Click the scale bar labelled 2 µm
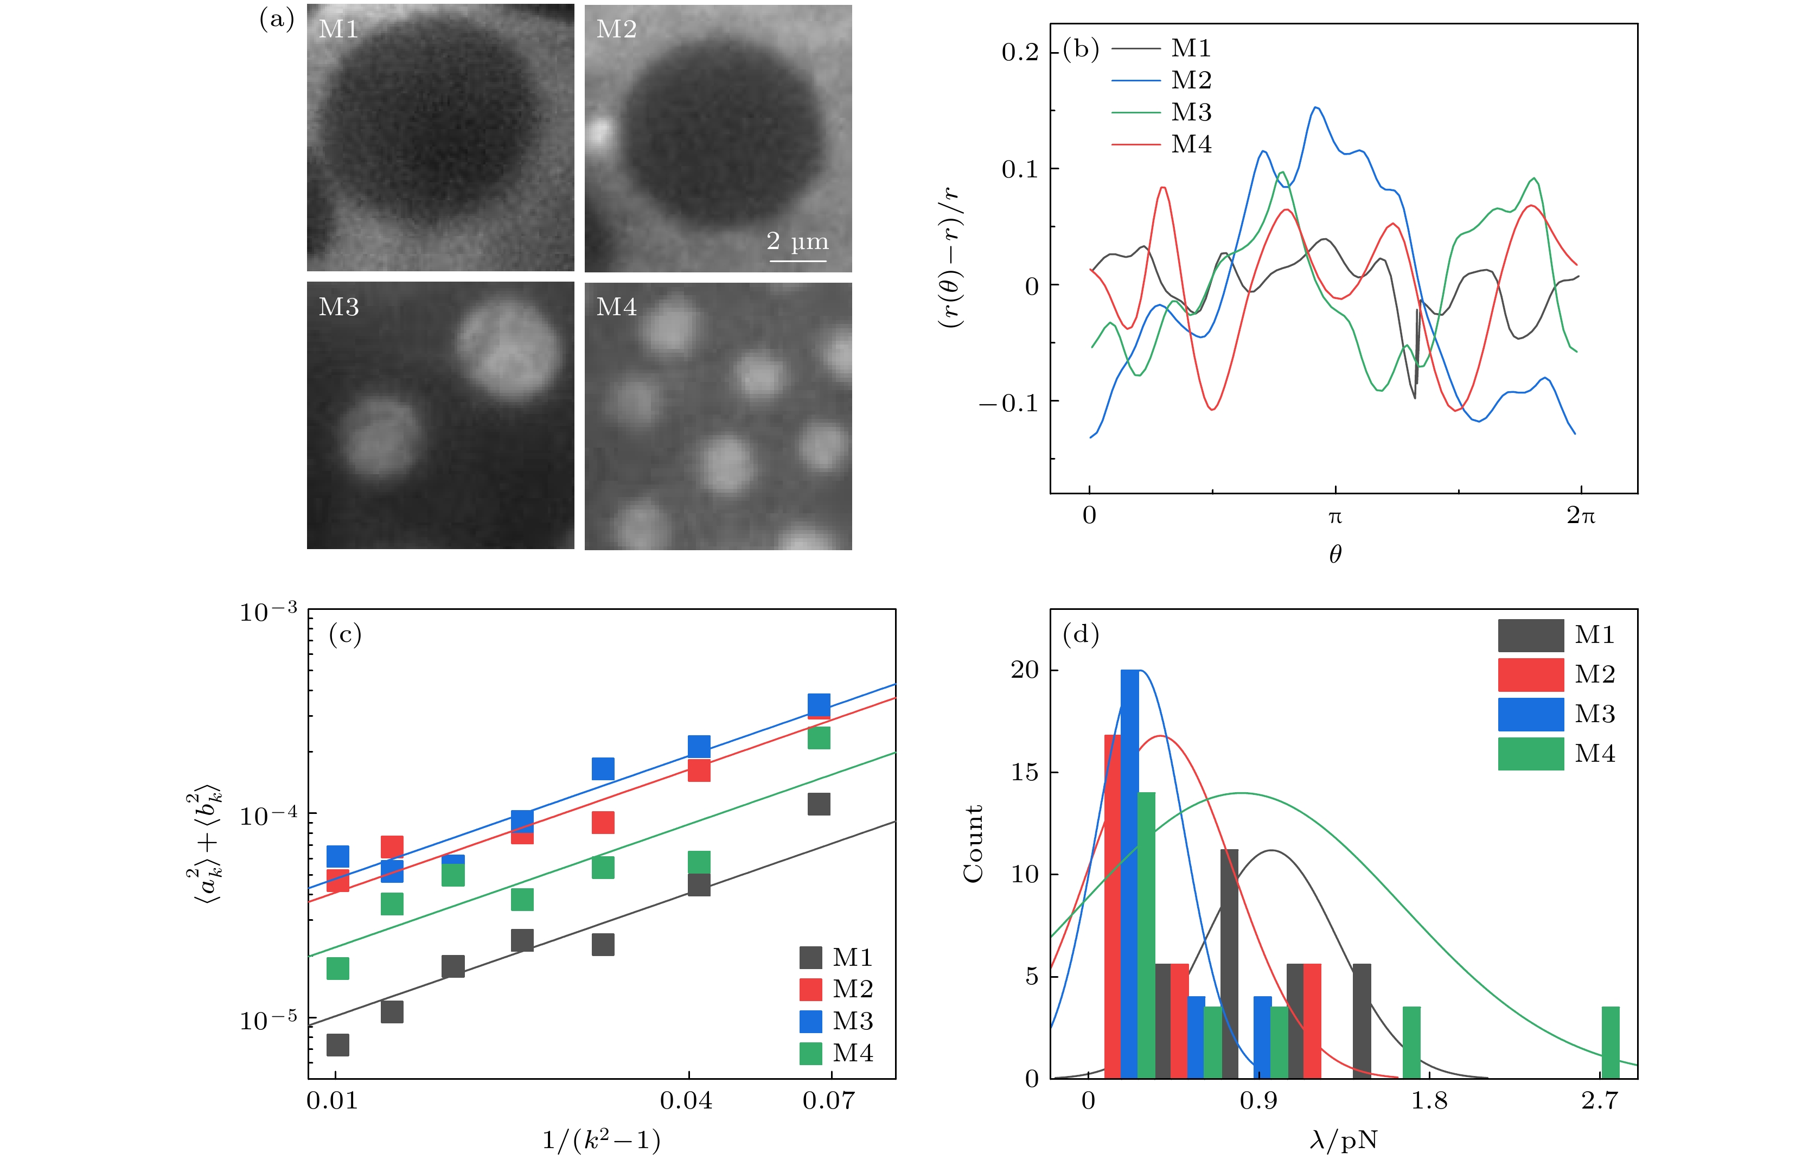point(797,260)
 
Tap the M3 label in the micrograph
point(338,307)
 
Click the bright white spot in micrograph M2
point(600,133)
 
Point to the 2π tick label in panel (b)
point(1581,516)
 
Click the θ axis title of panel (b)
point(1335,555)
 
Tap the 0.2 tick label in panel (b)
point(1020,53)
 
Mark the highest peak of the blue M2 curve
point(1316,108)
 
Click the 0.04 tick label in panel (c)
point(685,1101)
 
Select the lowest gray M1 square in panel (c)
point(338,1045)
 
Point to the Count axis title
point(973,843)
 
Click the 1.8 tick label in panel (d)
point(1429,1101)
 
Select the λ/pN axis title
point(1343,1140)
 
